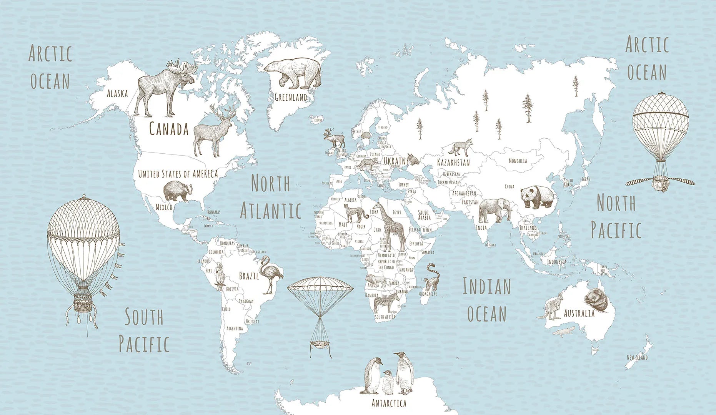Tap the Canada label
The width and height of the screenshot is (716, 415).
pyautogui.click(x=168, y=129)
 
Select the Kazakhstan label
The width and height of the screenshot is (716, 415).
pyautogui.click(x=453, y=162)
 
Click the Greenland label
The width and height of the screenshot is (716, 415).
pyautogui.click(x=291, y=97)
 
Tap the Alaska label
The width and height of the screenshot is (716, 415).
pyautogui.click(x=117, y=93)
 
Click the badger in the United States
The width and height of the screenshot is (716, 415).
pyautogui.click(x=177, y=191)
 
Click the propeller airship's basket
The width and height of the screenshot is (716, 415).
pyautogui.click(x=660, y=183)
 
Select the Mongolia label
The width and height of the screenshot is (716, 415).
pyautogui.click(x=518, y=161)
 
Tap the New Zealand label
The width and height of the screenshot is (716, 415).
pyautogui.click(x=637, y=357)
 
